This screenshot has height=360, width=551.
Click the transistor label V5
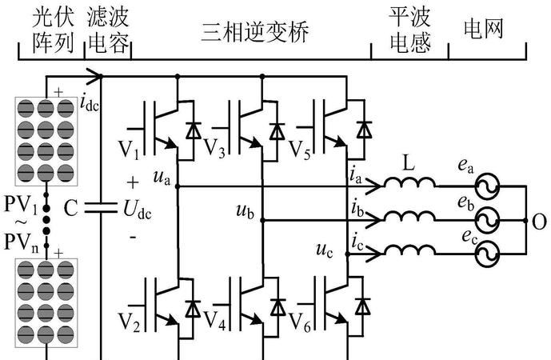[299, 150]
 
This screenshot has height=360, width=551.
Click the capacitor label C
[71, 210]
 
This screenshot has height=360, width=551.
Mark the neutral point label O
[539, 220]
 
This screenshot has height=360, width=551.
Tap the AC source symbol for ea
[485, 186]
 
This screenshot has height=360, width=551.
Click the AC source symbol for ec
[485, 253]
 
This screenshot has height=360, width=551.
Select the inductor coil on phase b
[410, 218]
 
